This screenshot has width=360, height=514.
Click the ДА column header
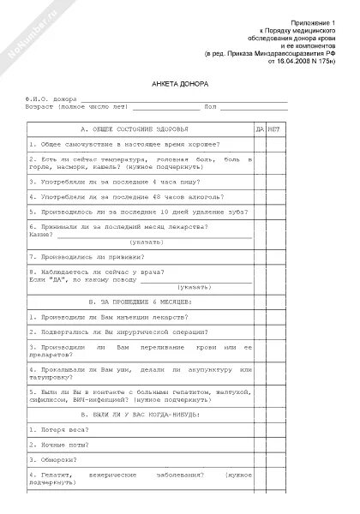tap(259, 128)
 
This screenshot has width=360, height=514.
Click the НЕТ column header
tap(274, 128)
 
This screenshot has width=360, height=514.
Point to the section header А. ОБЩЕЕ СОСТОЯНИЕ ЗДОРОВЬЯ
tap(139, 128)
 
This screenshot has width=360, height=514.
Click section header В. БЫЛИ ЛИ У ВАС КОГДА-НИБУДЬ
tap(139, 413)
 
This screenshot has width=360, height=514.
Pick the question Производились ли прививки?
tap(86, 256)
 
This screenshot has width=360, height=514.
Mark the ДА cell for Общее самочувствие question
tap(259, 144)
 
